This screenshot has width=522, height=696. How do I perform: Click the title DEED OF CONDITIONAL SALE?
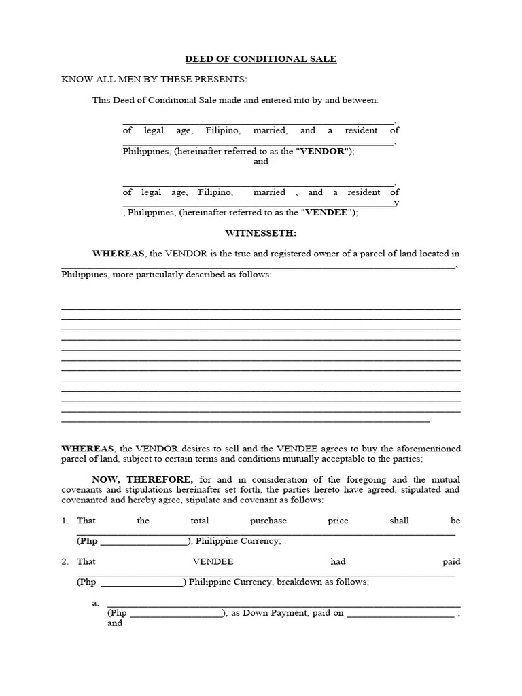(x=261, y=59)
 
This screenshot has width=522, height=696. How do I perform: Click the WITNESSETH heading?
(x=261, y=233)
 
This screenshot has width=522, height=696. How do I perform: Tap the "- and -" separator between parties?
(x=261, y=162)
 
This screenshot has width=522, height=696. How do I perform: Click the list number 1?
(x=65, y=521)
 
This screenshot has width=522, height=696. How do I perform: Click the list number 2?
(x=65, y=561)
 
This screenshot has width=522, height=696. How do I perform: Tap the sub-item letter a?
(x=95, y=602)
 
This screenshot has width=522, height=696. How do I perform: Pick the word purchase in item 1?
(x=268, y=521)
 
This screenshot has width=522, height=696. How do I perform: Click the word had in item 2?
(x=338, y=561)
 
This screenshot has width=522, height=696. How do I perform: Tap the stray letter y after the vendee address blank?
(x=397, y=203)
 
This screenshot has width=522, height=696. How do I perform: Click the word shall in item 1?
(x=399, y=521)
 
